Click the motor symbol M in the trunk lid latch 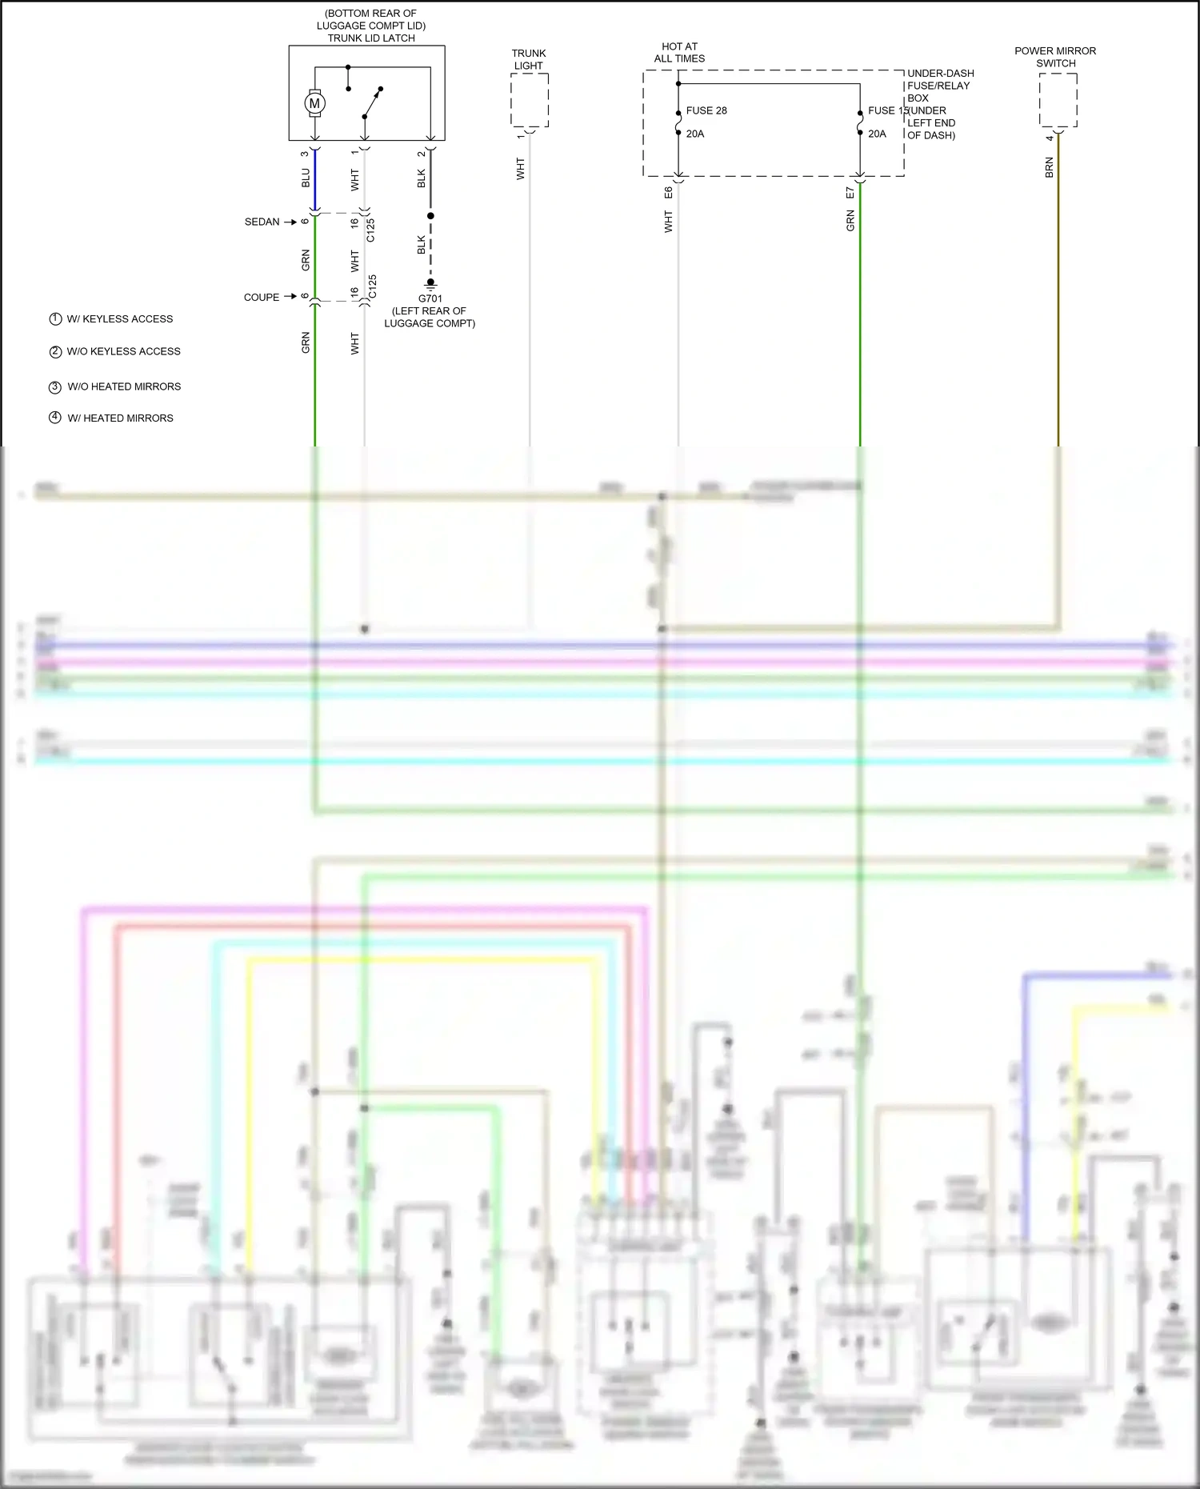(x=314, y=103)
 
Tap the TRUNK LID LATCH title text (x=371, y=38)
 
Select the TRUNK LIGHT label (x=529, y=60)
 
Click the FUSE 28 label (x=706, y=110)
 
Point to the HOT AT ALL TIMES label (x=679, y=53)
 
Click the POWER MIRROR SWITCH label (x=1055, y=57)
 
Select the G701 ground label (x=430, y=298)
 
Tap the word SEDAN (x=262, y=222)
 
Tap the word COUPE (x=262, y=297)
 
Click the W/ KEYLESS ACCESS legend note (x=120, y=318)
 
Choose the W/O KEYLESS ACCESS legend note (x=123, y=351)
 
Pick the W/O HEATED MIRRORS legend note (x=124, y=386)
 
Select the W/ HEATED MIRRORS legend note (x=120, y=418)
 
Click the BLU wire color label (x=306, y=178)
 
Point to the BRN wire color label (x=1050, y=167)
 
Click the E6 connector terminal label (x=669, y=193)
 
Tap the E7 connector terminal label (x=850, y=193)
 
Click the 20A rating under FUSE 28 (x=695, y=134)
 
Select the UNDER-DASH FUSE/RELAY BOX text (x=939, y=86)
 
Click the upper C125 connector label (x=371, y=230)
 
